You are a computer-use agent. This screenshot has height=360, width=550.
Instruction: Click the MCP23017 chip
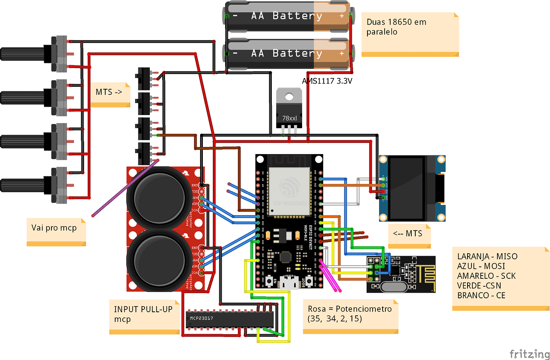point(230,319)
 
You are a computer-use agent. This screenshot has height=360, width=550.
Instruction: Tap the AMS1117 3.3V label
point(327,81)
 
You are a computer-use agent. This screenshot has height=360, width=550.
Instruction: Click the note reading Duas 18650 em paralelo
point(410,33)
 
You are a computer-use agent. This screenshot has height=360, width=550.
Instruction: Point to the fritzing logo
point(529,354)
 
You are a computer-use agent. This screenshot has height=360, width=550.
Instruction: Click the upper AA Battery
point(287,16)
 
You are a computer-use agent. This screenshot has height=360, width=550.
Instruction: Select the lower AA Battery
point(287,54)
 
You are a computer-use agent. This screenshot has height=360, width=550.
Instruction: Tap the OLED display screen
point(407,188)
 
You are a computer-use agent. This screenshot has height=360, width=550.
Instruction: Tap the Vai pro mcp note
point(56,231)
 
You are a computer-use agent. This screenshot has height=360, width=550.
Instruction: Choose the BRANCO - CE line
point(481,295)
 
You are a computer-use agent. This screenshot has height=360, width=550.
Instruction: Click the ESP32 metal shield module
point(289,192)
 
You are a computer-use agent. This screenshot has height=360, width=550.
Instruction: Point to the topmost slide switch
point(144,78)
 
